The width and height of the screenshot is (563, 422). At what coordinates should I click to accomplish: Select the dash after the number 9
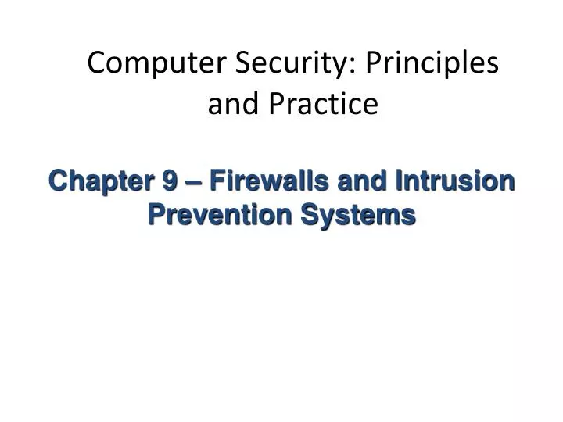pyautogui.click(x=190, y=182)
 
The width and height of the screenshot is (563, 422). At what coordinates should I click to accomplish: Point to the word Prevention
pyautogui.click(x=210, y=213)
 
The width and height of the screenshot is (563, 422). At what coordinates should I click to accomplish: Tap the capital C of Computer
pyautogui.click(x=96, y=63)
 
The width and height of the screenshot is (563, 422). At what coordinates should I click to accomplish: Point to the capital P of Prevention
pyautogui.click(x=155, y=213)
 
